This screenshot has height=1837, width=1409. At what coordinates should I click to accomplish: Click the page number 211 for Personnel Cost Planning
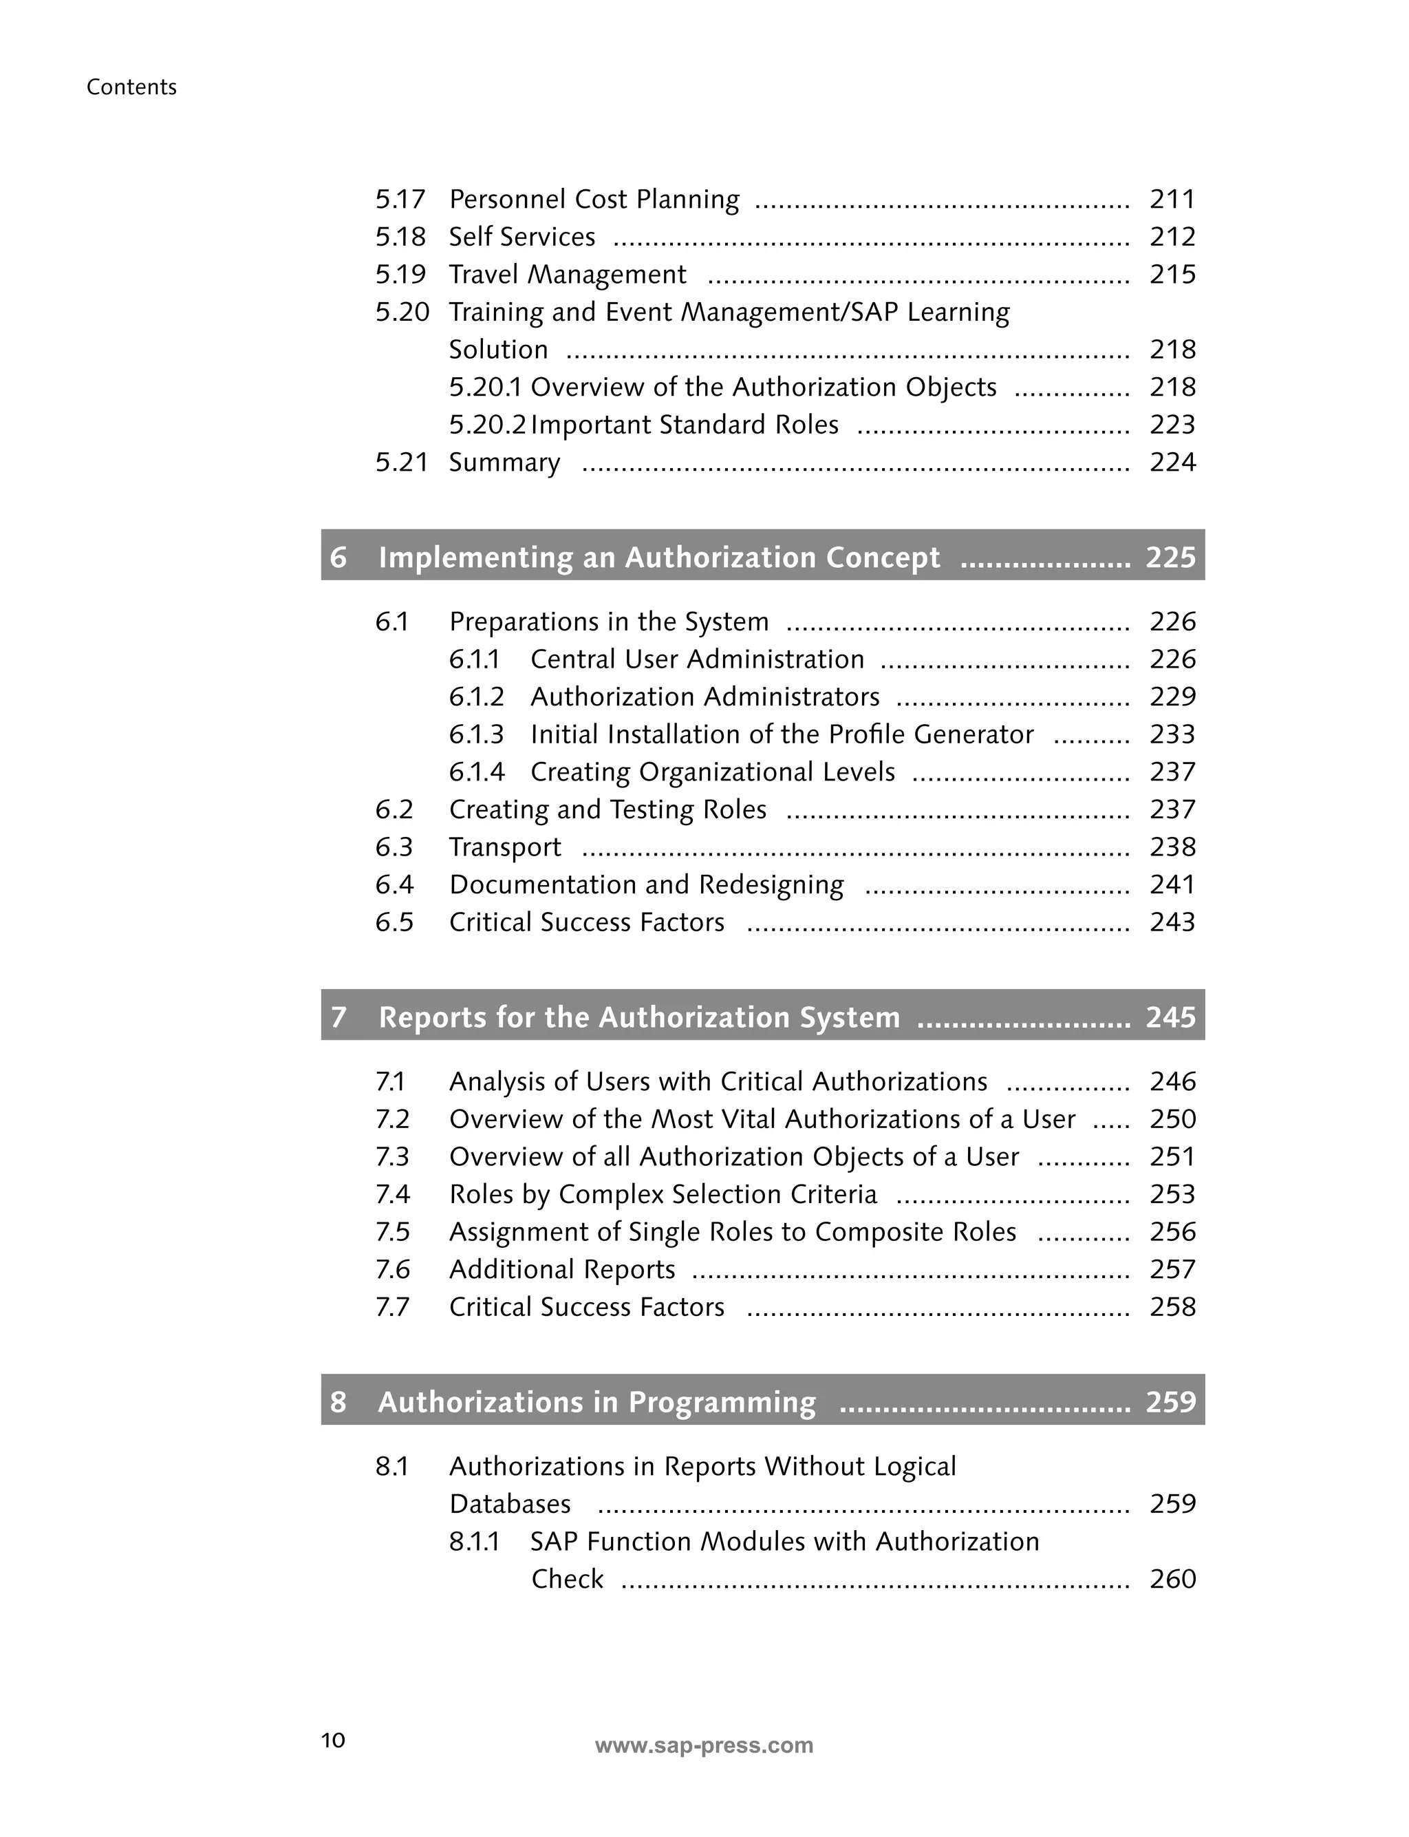(x=1172, y=200)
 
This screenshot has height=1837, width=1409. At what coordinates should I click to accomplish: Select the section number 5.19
(x=400, y=275)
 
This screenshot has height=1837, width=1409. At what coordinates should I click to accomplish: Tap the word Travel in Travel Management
(x=484, y=275)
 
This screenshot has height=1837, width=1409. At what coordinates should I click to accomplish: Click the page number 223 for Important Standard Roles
(x=1172, y=425)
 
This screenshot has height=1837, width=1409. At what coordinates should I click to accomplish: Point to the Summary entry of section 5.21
(x=504, y=463)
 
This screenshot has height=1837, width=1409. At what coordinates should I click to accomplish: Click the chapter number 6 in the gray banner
(x=338, y=558)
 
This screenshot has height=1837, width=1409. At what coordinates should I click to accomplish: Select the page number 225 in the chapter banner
(x=1170, y=558)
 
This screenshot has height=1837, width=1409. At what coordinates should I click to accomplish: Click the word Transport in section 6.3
(x=504, y=848)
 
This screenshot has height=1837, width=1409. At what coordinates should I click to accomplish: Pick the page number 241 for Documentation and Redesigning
(x=1172, y=885)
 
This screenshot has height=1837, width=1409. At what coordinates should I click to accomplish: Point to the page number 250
(x=1172, y=1120)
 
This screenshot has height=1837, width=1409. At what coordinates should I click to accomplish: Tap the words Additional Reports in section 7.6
(x=561, y=1270)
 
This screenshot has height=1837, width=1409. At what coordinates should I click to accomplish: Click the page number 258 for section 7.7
(x=1172, y=1308)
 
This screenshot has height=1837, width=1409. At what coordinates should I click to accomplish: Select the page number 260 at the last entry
(x=1172, y=1580)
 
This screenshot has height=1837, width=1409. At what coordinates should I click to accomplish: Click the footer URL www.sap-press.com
(x=704, y=1745)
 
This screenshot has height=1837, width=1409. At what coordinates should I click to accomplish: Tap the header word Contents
(x=131, y=87)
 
